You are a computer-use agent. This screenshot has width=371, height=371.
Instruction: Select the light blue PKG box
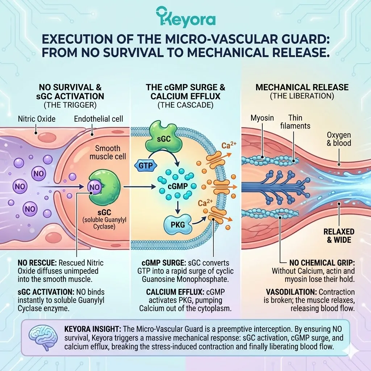pyautogui.click(x=177, y=225)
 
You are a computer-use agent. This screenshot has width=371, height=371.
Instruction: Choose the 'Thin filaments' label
pyautogui.click(x=298, y=122)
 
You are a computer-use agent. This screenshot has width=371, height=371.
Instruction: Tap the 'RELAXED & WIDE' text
pyautogui.click(x=339, y=235)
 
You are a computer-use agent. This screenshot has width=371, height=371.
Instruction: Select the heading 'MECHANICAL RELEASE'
pyautogui.click(x=302, y=87)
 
